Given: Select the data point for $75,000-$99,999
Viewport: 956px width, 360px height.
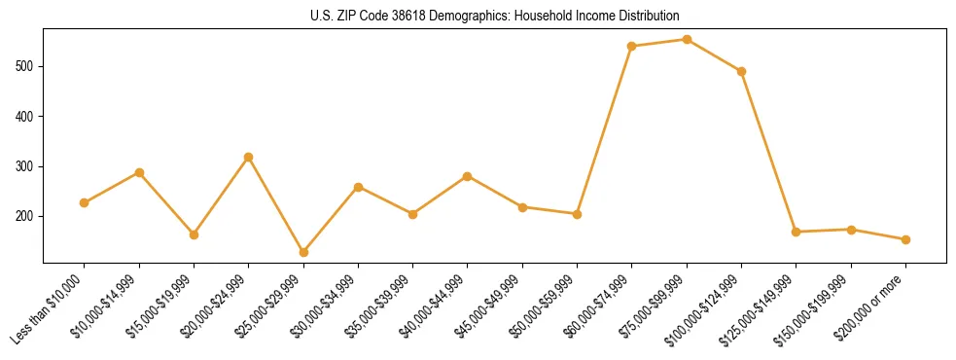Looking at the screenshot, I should (x=687, y=40).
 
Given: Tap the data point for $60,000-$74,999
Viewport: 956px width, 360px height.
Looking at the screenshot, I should (x=632, y=46).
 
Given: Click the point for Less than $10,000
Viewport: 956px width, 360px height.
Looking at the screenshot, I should (x=85, y=202).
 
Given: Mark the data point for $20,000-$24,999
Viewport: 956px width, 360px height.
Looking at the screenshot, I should (x=249, y=157).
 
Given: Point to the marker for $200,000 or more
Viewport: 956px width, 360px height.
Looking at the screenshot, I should (x=905, y=239).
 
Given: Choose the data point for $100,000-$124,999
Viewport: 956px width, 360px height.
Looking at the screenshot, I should (x=741, y=71).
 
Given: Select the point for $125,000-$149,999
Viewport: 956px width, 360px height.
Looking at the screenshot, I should (x=797, y=232).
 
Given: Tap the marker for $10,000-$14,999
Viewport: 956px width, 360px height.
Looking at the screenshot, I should (x=139, y=172).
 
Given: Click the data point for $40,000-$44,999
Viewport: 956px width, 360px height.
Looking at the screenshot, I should (x=468, y=176).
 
